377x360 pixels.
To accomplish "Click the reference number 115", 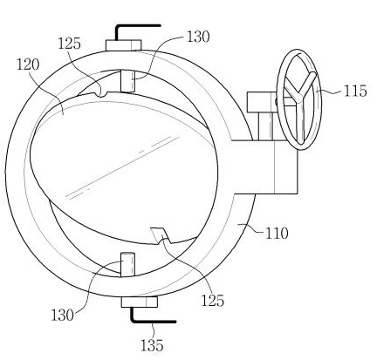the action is pyautogui.click(x=355, y=92).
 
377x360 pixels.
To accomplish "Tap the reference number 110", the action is pyautogui.click(x=277, y=234).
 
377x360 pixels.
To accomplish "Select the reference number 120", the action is pyautogui.click(x=28, y=65).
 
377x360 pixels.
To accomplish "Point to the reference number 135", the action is pyautogui.click(x=152, y=345).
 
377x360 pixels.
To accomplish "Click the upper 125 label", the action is pyautogui.click(x=69, y=44).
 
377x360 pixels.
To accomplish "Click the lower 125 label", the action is pyautogui.click(x=213, y=301).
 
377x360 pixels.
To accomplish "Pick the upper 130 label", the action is pyautogui.click(x=198, y=37).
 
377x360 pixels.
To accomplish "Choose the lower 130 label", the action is pyautogui.click(x=62, y=315).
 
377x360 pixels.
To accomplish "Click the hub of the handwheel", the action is pyautogui.click(x=298, y=98).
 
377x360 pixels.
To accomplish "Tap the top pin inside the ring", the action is pyautogui.click(x=127, y=81).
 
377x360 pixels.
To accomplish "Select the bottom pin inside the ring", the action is pyautogui.click(x=127, y=264).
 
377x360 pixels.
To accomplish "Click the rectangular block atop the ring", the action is pyautogui.click(x=123, y=45).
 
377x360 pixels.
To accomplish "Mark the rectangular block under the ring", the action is pyautogui.click(x=140, y=302).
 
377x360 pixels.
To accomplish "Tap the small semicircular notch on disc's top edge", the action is pyautogui.click(x=102, y=93).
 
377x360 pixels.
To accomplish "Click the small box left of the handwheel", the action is pyautogui.click(x=261, y=102).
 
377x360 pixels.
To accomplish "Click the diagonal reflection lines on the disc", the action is pyautogui.click(x=122, y=167).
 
